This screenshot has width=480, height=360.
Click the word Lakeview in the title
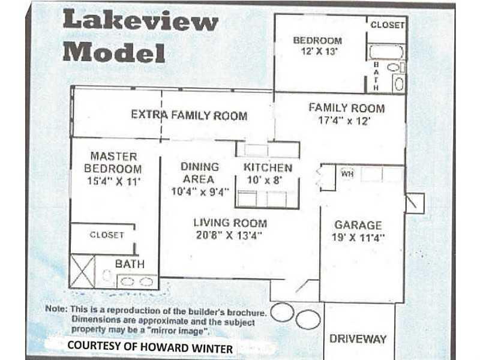(x=140, y=20)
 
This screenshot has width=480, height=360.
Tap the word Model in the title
(x=114, y=52)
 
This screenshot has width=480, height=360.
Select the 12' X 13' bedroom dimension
(x=319, y=52)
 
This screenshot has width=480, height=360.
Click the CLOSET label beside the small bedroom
(x=388, y=25)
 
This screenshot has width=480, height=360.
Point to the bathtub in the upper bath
(x=386, y=52)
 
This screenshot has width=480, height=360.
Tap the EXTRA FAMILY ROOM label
(x=189, y=115)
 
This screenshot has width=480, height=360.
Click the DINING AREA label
(x=199, y=173)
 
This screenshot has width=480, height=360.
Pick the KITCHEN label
(x=268, y=168)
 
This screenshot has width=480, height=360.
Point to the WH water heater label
(x=347, y=174)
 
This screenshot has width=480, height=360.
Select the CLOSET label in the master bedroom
(x=107, y=235)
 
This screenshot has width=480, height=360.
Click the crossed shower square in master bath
(x=83, y=272)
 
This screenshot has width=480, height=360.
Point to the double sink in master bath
(x=137, y=281)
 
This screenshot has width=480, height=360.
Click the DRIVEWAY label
(x=358, y=339)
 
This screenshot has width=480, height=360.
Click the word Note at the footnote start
(x=56, y=308)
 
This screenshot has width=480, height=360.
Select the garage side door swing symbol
(x=415, y=203)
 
